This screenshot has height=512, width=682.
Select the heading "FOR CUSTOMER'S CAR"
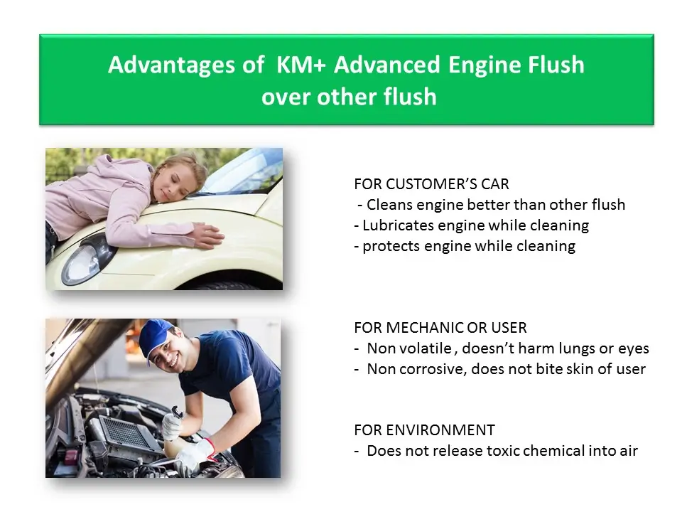click(431, 184)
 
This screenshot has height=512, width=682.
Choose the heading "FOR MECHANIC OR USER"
click(440, 327)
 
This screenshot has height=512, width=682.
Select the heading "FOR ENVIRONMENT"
click(424, 430)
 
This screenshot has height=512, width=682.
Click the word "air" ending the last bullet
click(629, 451)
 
